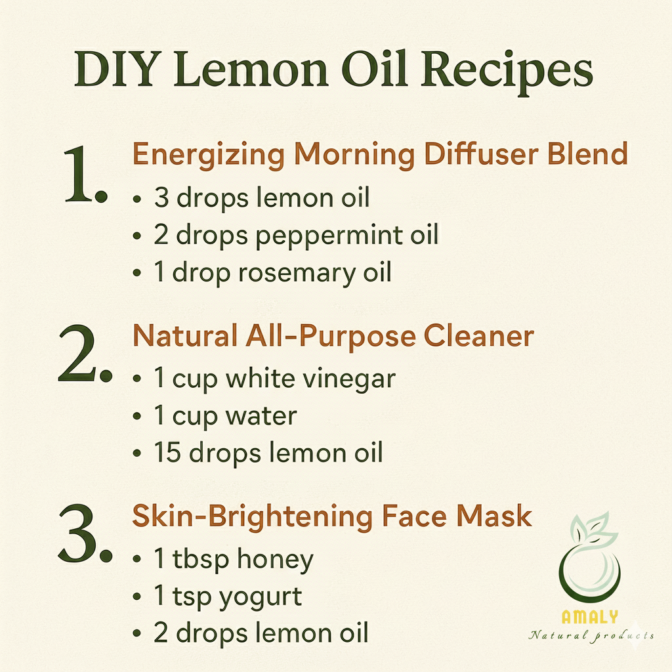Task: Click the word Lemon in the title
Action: (251, 69)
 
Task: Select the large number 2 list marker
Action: (85, 354)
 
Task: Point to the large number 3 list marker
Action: (85, 534)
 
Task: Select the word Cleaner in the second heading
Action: (478, 335)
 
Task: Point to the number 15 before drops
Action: (167, 453)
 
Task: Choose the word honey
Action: (275, 560)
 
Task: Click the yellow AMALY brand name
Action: (590, 617)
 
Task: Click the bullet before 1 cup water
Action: (137, 415)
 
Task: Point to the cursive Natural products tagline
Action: (591, 635)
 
